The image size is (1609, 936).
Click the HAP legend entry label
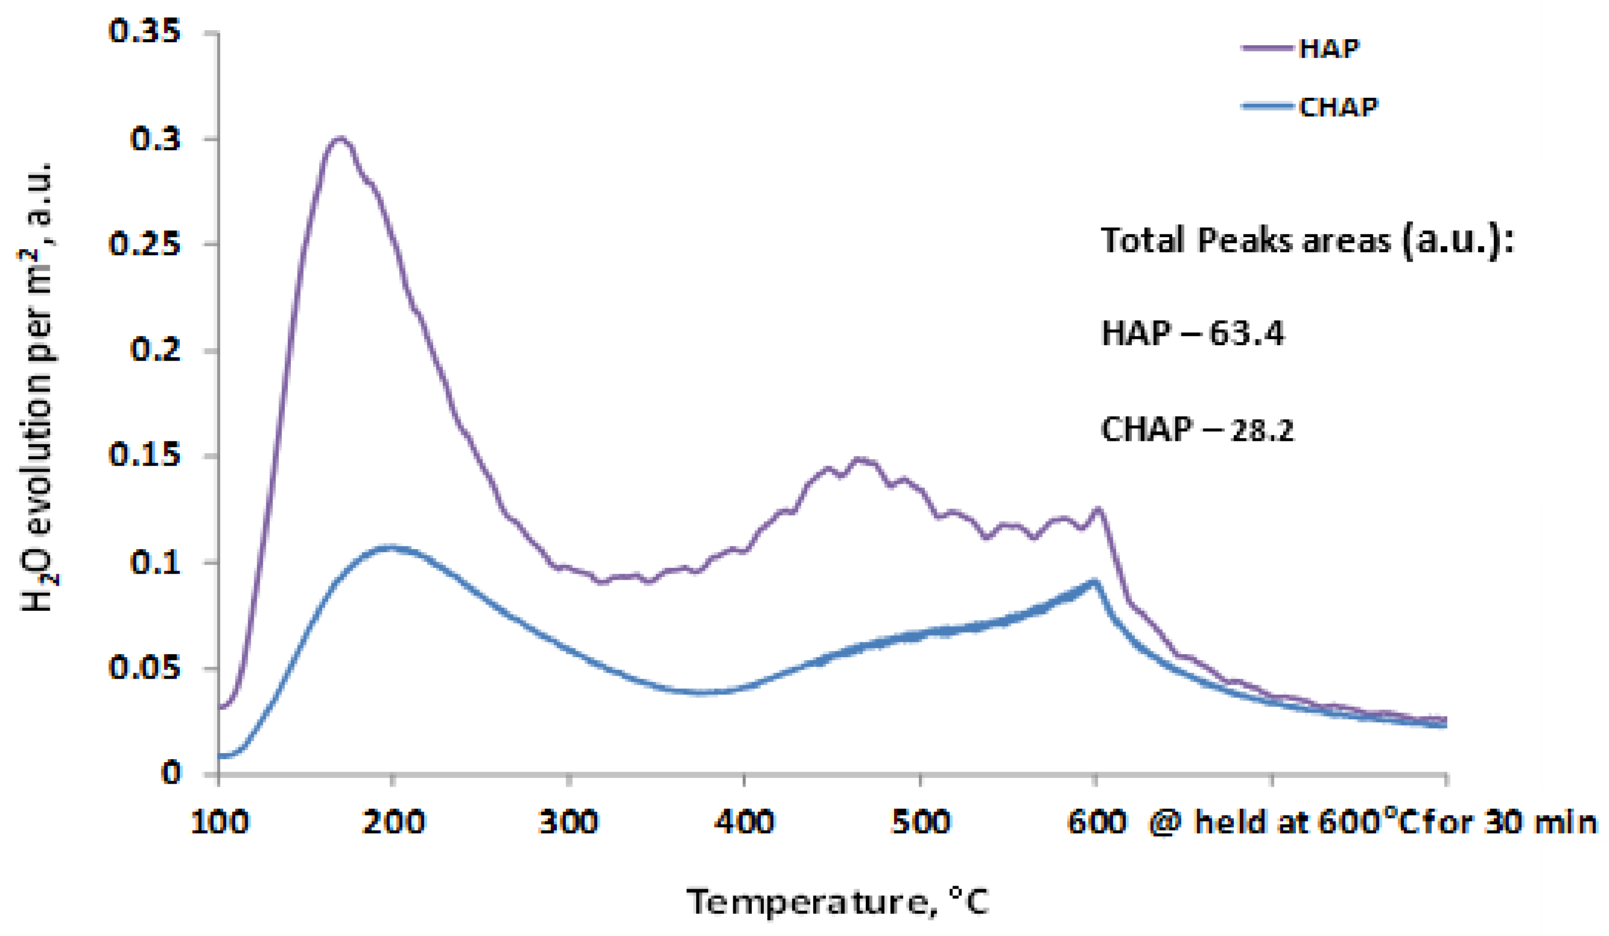[1328, 48]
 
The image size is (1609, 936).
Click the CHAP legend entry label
[1338, 107]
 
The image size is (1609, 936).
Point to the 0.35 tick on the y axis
[145, 31]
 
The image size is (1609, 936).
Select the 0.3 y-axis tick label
[156, 139]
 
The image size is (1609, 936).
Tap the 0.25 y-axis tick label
[145, 244]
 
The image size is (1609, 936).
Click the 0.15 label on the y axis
[145, 455]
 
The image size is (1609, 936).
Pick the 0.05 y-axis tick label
[145, 668]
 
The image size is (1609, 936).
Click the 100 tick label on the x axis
[220, 823]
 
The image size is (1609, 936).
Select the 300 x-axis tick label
[569, 823]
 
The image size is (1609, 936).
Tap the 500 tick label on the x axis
[920, 823]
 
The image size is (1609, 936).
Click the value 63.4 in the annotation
[1246, 333]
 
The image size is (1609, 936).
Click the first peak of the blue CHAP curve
[390, 547]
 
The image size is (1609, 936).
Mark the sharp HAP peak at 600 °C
[1099, 509]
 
